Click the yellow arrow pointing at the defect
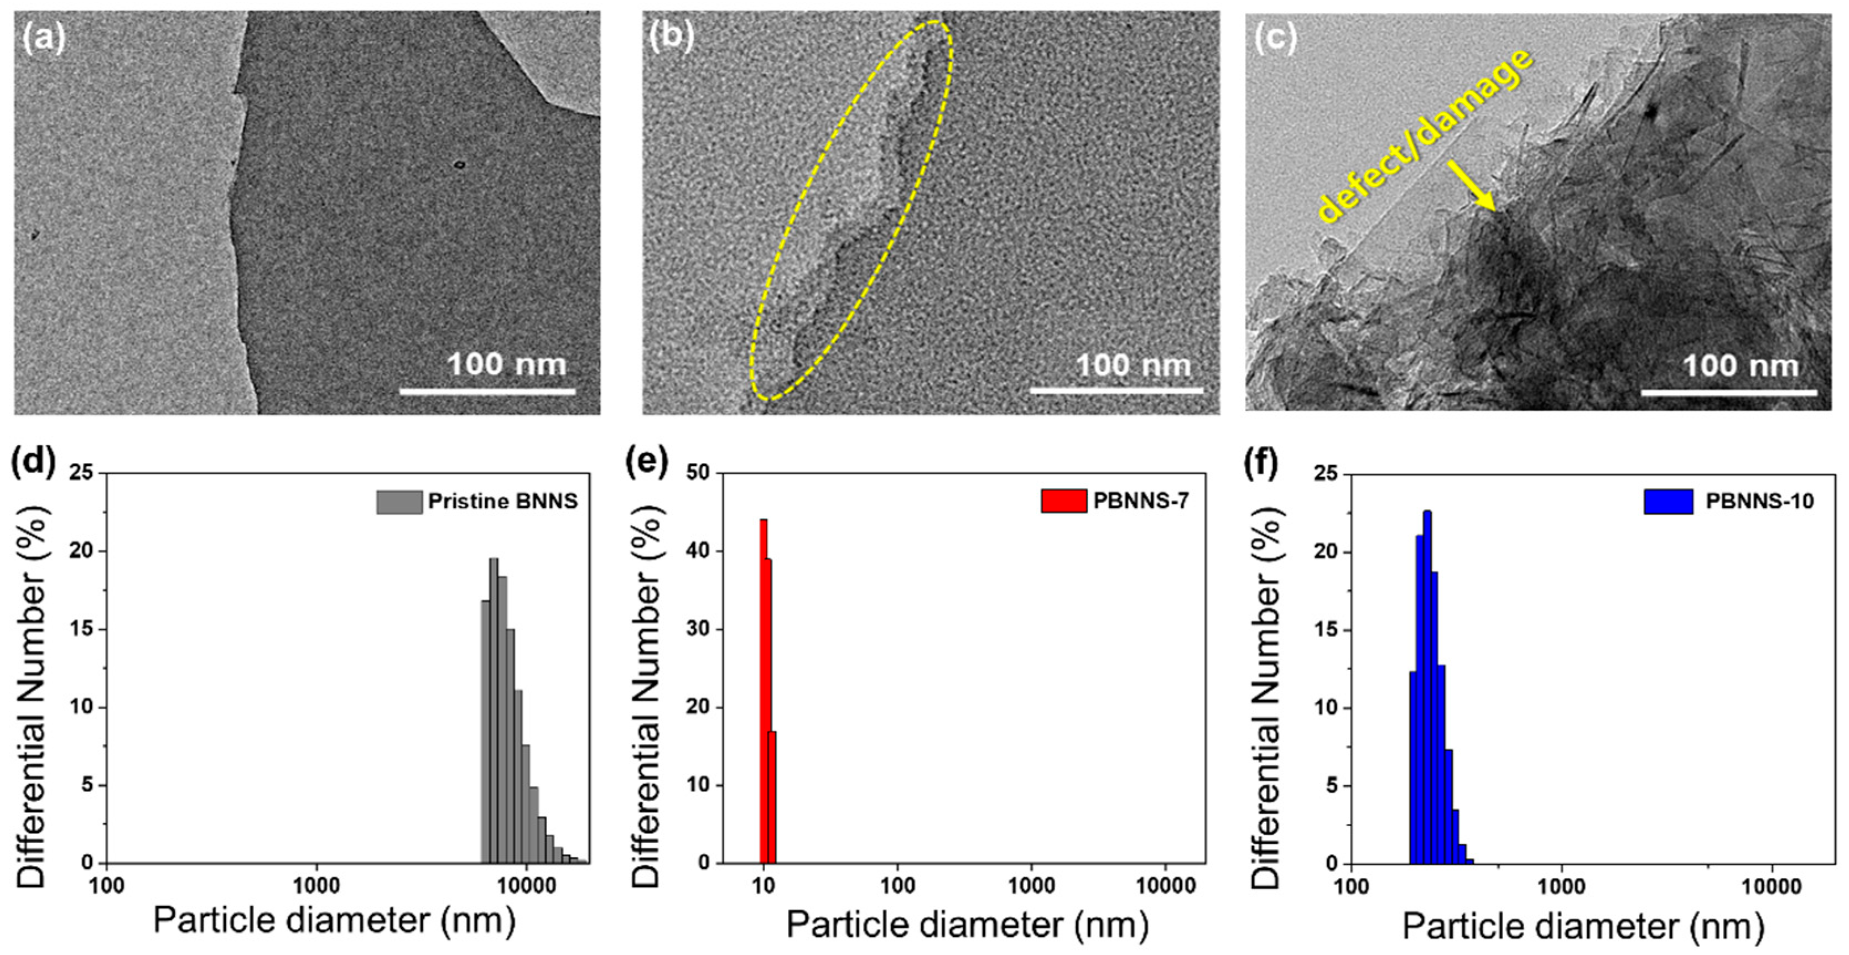point(1471,186)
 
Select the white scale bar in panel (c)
point(1729,393)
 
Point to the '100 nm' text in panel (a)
point(507,364)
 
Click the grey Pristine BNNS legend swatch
point(398,502)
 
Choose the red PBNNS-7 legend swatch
point(1064,500)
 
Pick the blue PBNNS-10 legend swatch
point(1669,501)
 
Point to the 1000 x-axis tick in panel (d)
point(316,885)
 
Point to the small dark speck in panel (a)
point(459,165)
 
